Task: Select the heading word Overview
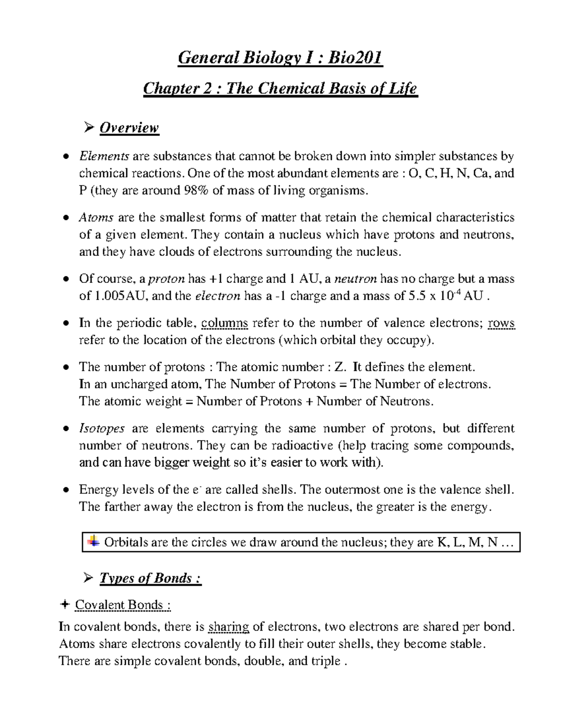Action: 129,127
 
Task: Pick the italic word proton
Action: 166,279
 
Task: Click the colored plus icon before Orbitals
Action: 93,542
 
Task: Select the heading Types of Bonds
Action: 150,578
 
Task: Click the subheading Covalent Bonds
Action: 122,605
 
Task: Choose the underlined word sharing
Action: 229,627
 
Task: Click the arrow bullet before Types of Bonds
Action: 87,579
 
